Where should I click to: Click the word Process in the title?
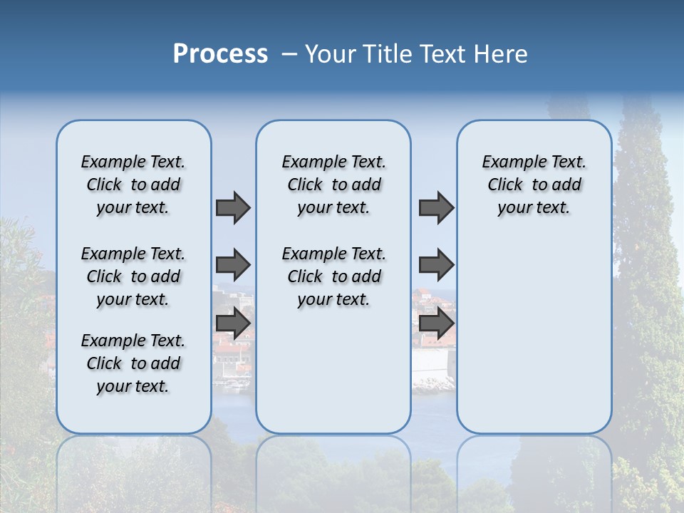(x=220, y=54)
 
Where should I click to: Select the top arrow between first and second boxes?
(x=233, y=207)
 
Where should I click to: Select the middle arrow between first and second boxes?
(x=233, y=265)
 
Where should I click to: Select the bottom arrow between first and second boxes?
(x=233, y=323)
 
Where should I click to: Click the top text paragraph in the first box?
(x=133, y=185)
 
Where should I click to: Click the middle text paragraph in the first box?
(x=133, y=276)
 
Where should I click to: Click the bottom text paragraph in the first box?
(x=133, y=363)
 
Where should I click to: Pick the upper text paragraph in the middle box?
(x=333, y=185)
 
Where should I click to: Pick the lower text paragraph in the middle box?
(x=333, y=276)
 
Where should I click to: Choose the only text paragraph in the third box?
(x=534, y=185)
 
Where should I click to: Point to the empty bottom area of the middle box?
(x=333, y=378)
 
